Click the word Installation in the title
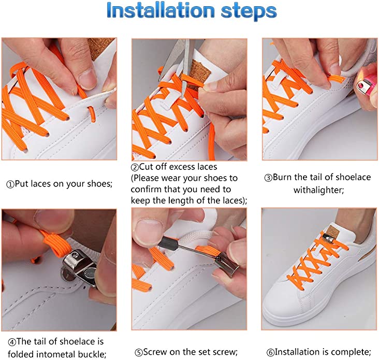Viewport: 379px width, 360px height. (x=161, y=11)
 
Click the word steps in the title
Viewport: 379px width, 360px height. (x=249, y=12)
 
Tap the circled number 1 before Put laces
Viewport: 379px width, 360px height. (x=10, y=185)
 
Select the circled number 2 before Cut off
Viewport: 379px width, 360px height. (x=135, y=167)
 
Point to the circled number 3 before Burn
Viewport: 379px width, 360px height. (x=268, y=178)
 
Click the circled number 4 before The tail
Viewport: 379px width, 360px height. (x=12, y=342)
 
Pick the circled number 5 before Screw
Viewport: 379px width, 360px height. (x=139, y=353)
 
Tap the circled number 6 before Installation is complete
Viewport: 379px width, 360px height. (x=270, y=353)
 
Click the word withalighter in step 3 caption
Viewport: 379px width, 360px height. (x=318, y=190)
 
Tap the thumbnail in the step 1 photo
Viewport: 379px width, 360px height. (x=88, y=79)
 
